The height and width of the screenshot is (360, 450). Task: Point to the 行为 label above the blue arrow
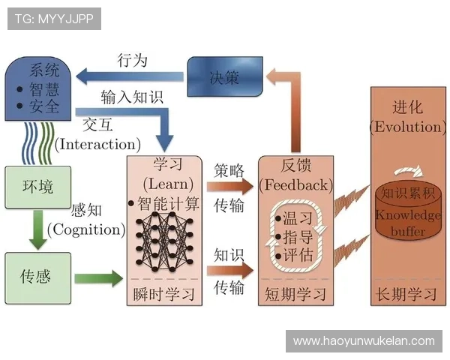coord(133,60)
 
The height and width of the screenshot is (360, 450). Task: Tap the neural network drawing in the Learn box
coord(164,237)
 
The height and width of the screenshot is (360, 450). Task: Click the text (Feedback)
coord(295,184)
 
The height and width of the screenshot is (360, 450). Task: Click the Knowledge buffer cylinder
coord(406,212)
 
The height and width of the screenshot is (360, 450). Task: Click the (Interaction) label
coord(98,144)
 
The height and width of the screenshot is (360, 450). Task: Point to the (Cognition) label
coord(85,229)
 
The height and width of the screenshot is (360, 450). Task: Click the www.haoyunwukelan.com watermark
coord(364,341)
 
